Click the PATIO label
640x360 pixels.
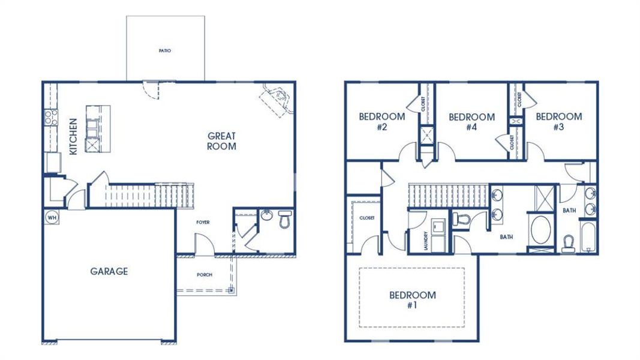pos(165,51)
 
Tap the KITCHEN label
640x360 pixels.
pos(73,136)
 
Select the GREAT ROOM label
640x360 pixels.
pos(221,141)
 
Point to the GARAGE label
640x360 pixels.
pos(109,271)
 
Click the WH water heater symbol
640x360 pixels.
pos(50,217)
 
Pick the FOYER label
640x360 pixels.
pos(203,222)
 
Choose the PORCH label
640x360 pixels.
pos(205,275)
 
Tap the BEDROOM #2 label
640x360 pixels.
pos(381,122)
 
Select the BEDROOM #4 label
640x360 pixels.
pos(471,122)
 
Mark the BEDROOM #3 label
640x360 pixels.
pos(558,122)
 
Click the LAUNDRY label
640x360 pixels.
pos(425,241)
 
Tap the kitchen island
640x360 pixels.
pos(98,128)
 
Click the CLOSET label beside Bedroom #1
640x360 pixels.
pos(366,218)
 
